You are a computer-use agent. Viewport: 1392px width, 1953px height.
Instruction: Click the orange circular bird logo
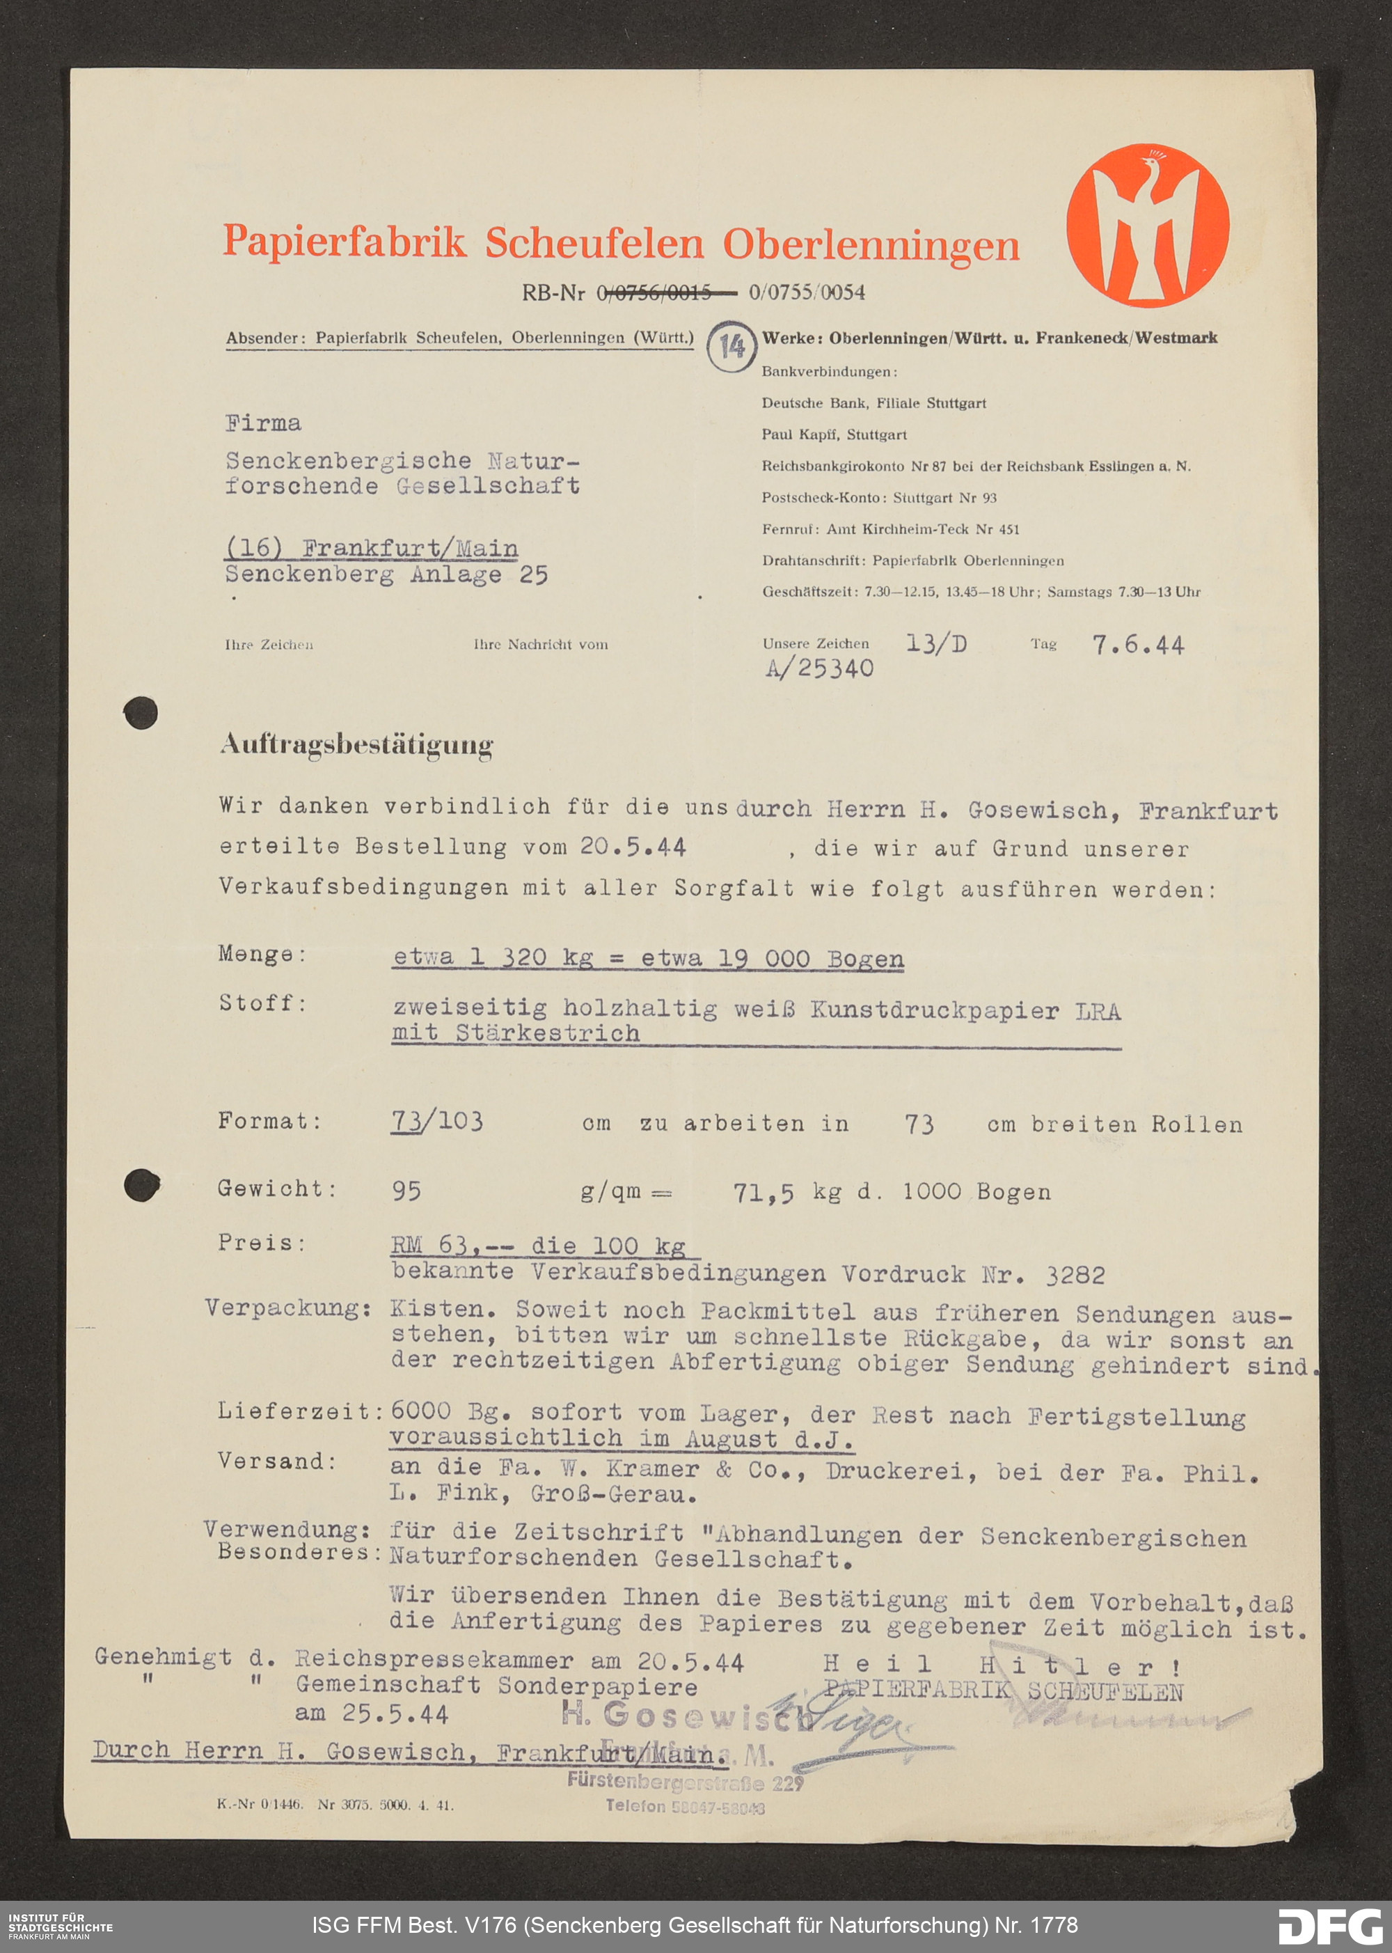point(1148,226)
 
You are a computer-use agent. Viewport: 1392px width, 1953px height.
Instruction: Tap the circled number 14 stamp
point(731,346)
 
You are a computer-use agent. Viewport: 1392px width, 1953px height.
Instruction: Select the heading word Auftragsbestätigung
point(356,745)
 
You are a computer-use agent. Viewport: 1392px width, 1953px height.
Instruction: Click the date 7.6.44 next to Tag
point(1137,645)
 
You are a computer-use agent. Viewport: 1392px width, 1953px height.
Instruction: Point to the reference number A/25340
point(818,668)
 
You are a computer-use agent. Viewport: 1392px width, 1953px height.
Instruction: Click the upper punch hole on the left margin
point(141,712)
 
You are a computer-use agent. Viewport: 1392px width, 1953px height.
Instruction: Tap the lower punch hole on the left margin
point(141,1185)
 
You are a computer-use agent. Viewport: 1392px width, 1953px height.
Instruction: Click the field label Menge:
point(262,954)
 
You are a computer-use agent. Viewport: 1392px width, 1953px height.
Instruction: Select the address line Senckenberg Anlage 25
point(386,574)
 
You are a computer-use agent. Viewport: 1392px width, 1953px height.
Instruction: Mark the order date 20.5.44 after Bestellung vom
point(633,847)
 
